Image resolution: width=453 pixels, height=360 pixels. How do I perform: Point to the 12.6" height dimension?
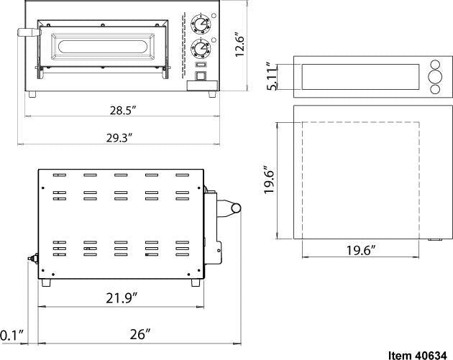(242, 45)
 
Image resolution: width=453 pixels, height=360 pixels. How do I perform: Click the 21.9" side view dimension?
(118, 297)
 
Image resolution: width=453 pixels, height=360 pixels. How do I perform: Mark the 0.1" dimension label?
(12, 335)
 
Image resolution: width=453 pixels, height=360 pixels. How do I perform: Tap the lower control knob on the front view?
(199, 49)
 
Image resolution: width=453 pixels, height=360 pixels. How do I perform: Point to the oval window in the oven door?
(106, 48)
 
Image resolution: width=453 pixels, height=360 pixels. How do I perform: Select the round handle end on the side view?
(234, 208)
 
